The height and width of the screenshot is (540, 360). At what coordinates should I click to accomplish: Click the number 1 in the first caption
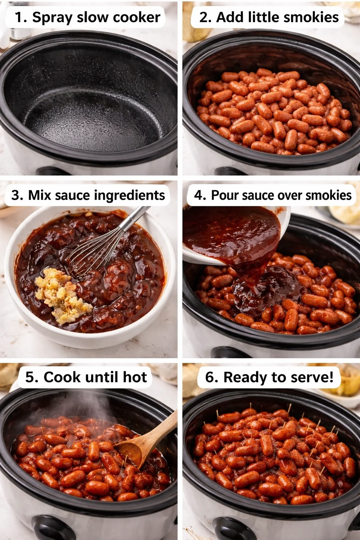coord(19,17)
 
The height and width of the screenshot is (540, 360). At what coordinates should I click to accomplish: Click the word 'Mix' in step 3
coord(39,195)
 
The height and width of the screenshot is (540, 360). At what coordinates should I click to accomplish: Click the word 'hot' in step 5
coord(135,377)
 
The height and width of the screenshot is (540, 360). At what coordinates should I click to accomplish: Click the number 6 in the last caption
coord(211,377)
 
